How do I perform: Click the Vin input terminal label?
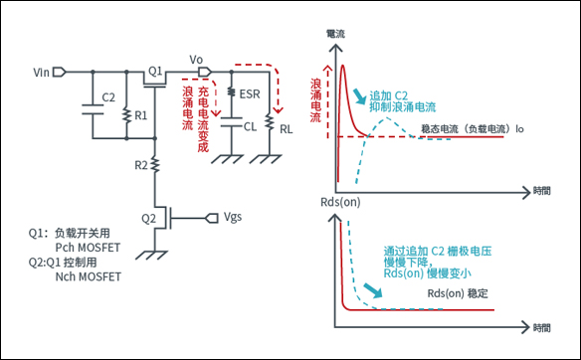point(41,73)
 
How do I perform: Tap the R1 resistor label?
point(141,114)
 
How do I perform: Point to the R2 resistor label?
point(141,163)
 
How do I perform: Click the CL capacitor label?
point(249,126)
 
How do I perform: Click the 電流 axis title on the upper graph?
point(336,34)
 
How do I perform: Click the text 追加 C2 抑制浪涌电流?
point(401,99)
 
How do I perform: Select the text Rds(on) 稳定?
point(458,294)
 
